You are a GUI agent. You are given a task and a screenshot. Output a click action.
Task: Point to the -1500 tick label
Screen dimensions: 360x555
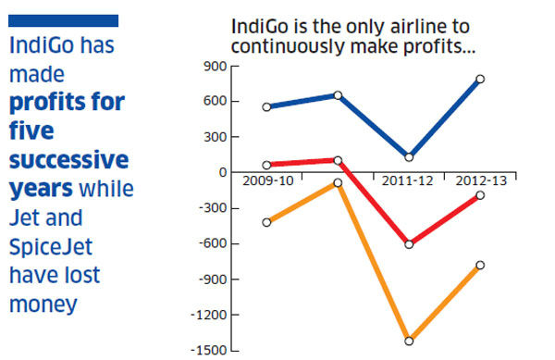tap(209, 350)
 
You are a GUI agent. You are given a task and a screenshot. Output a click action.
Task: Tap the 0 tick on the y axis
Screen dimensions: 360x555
tap(221, 172)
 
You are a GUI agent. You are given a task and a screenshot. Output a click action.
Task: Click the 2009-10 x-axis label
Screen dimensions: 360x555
tap(267, 181)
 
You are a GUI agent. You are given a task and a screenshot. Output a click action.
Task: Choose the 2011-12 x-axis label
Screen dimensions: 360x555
tap(408, 181)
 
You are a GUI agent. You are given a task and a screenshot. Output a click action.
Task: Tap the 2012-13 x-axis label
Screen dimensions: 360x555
tap(480, 181)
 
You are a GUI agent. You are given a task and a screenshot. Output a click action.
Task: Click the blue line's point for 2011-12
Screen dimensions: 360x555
tap(408, 156)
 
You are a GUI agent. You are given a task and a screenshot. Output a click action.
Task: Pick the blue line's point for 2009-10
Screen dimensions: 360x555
tap(267, 107)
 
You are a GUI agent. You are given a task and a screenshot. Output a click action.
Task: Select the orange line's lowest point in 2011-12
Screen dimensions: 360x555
tap(408, 341)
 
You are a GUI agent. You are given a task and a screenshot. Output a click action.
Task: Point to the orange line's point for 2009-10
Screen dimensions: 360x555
tap(267, 222)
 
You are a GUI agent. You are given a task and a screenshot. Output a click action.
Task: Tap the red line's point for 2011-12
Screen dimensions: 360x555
tap(408, 244)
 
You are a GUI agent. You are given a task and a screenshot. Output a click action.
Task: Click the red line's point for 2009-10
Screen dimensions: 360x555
tap(267, 165)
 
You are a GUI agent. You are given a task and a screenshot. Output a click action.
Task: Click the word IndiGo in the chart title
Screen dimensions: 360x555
tap(259, 25)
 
